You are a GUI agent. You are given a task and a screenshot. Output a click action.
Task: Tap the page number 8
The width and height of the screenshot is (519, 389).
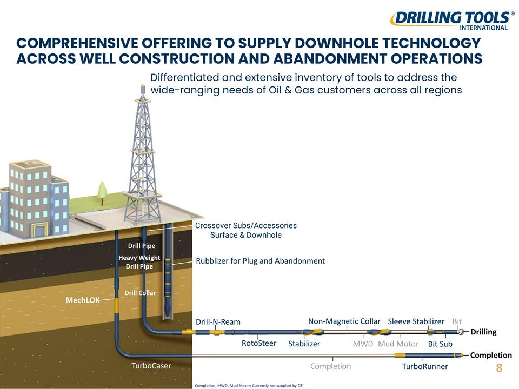[499, 367]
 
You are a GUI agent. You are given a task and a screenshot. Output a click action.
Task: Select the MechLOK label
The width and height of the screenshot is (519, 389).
[83, 300]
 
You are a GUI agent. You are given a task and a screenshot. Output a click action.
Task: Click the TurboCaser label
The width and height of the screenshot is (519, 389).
[151, 366]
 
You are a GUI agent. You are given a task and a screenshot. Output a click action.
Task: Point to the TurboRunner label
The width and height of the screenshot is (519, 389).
[425, 366]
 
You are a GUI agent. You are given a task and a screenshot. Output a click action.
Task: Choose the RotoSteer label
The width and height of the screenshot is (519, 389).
[259, 344]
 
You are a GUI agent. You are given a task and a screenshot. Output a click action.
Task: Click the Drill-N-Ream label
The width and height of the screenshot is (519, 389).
[218, 322]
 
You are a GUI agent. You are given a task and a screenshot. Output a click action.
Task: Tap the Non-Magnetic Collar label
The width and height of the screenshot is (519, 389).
[344, 321]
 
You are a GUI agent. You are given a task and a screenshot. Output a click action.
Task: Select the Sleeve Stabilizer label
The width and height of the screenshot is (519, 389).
[416, 321]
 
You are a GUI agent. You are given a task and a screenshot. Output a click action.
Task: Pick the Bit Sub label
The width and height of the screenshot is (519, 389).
[440, 344]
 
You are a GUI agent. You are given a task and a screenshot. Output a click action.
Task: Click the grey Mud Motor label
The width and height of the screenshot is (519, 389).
[398, 344]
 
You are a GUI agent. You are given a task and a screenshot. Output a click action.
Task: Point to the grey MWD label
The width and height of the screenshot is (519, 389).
[363, 344]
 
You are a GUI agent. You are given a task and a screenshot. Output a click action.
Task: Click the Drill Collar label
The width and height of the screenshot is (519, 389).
[140, 293]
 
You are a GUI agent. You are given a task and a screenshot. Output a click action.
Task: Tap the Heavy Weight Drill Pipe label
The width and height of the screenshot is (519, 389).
[139, 262]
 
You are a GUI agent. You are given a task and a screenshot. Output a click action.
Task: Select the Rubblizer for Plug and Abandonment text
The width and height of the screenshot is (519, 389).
[261, 261]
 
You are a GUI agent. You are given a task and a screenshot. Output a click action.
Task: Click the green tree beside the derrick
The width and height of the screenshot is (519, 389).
[102, 193]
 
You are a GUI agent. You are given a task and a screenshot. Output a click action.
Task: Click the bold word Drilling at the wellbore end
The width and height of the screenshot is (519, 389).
[483, 332]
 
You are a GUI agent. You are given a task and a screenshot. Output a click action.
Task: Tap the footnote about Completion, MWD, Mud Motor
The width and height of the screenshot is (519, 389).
[249, 386]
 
